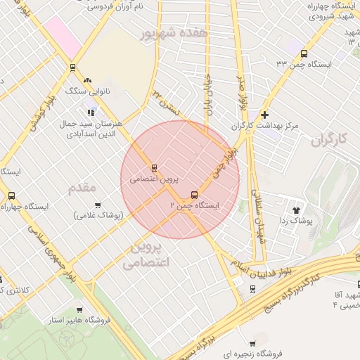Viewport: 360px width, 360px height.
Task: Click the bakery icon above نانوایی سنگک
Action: tap(88, 80)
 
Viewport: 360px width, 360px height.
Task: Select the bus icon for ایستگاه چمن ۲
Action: tap(194, 195)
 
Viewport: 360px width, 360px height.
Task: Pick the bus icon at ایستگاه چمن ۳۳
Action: tap(304, 53)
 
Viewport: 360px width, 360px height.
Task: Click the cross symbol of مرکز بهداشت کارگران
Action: tap(264, 115)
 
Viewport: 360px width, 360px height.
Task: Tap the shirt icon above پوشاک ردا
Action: tap(297, 209)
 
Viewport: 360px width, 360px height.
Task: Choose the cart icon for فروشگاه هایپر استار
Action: tap(79, 309)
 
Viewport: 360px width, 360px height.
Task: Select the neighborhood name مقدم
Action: tap(83, 188)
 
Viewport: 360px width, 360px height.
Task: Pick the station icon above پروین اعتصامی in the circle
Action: tap(154, 168)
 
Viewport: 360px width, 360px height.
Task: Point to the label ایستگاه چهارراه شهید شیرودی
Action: tap(329, 11)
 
